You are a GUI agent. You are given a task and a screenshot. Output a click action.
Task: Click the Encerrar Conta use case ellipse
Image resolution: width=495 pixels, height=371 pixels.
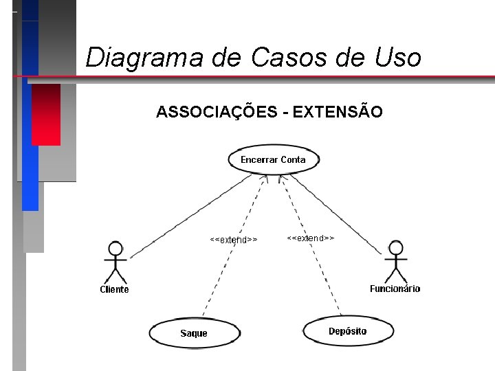click(x=272, y=160)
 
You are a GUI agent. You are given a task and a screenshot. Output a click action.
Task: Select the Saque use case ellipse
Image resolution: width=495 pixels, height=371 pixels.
click(x=195, y=333)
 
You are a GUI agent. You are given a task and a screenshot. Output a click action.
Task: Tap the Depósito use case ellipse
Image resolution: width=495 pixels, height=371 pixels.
click(x=347, y=331)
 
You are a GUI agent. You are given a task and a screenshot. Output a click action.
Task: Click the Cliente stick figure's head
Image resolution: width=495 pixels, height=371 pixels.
click(x=115, y=248)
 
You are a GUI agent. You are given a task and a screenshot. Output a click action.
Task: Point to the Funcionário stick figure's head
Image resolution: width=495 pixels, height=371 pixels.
click(x=395, y=247)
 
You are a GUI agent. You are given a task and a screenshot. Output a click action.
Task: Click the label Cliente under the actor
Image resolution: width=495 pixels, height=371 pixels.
click(x=114, y=289)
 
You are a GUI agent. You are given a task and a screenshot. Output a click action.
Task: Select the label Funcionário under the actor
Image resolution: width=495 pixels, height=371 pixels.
click(x=395, y=289)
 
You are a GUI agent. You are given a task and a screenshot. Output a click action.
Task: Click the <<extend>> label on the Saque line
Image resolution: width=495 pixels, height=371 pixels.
click(x=234, y=240)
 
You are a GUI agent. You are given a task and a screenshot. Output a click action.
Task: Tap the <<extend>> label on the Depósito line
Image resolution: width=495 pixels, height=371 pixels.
click(x=310, y=238)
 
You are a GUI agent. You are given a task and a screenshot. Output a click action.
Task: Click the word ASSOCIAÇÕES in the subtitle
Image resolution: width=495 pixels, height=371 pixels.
click(x=216, y=111)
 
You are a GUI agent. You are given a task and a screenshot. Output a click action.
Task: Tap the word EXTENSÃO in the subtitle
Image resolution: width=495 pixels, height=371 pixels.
click(x=338, y=111)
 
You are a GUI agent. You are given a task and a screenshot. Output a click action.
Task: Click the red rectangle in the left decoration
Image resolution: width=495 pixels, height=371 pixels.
click(x=45, y=114)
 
